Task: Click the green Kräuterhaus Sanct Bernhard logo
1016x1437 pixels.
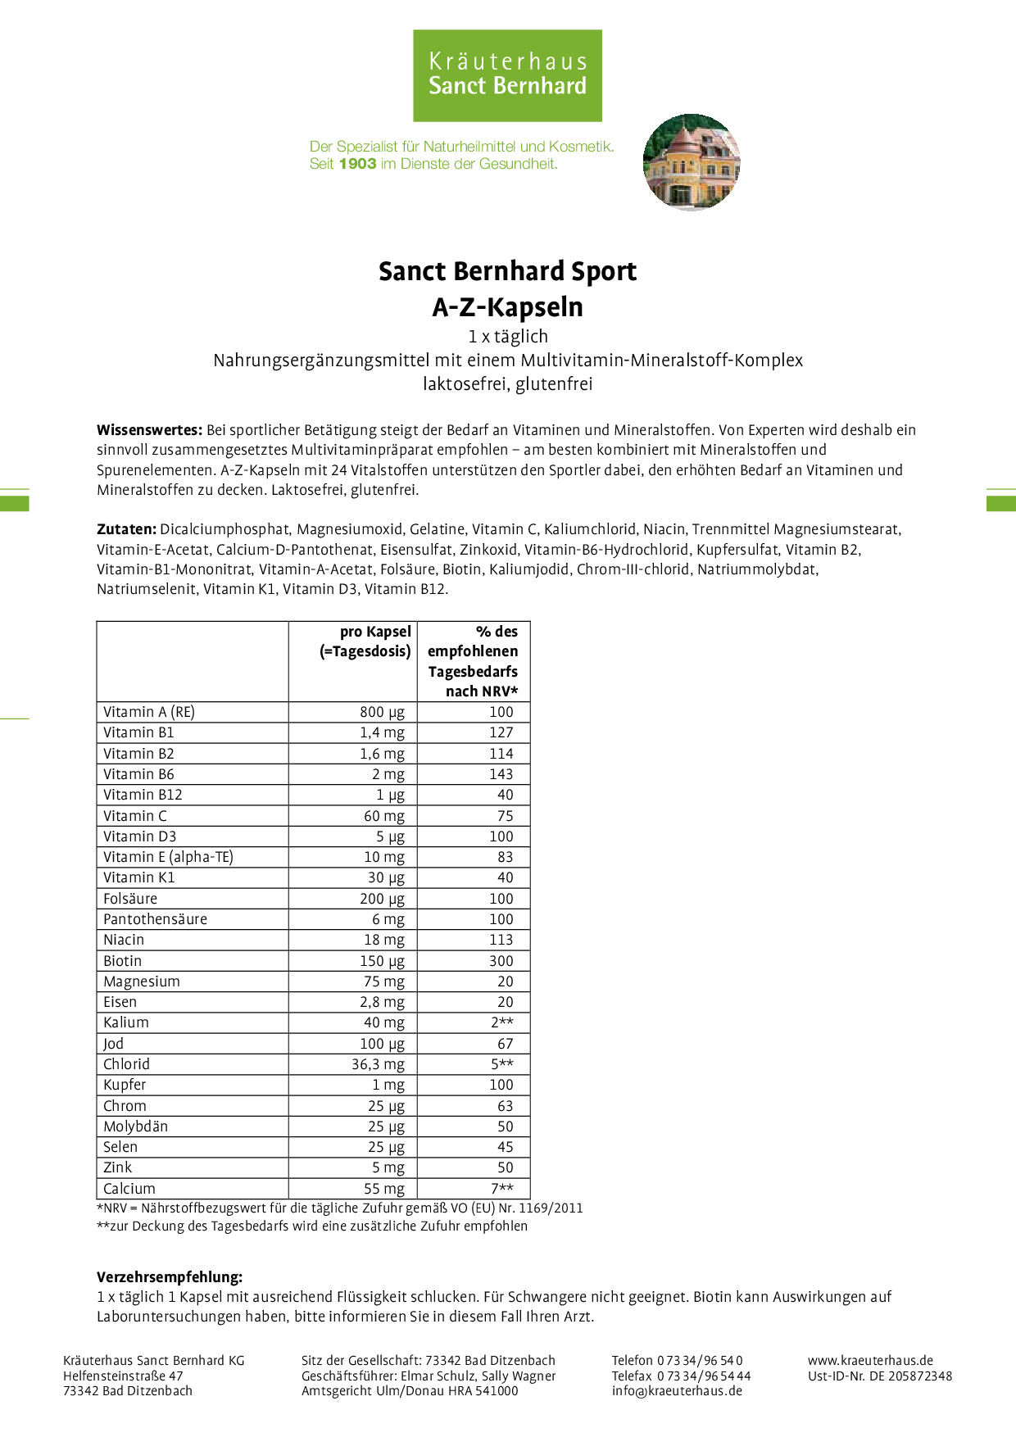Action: pyautogui.click(x=507, y=75)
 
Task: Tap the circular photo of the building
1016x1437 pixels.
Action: pyautogui.click(x=692, y=162)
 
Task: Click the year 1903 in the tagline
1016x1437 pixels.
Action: pyautogui.click(x=357, y=164)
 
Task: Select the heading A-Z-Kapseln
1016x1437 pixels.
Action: pyautogui.click(x=507, y=307)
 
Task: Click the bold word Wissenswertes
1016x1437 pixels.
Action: pyautogui.click(x=149, y=430)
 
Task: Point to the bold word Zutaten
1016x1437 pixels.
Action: pyautogui.click(x=126, y=529)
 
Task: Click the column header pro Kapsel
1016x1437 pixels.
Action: pyautogui.click(x=375, y=632)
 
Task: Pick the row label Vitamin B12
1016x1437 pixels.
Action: pyautogui.click(x=143, y=795)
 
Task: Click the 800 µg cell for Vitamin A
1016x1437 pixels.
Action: pyautogui.click(x=382, y=712)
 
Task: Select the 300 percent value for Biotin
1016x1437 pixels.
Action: pyautogui.click(x=501, y=961)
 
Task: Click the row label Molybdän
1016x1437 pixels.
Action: pyautogui.click(x=135, y=1126)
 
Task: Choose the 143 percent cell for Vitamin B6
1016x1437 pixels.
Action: pyautogui.click(x=501, y=774)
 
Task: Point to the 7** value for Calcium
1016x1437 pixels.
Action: pyautogui.click(x=502, y=1189)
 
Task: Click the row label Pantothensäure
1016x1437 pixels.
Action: pyautogui.click(x=155, y=919)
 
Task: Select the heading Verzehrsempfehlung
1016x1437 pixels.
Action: pyautogui.click(x=170, y=1277)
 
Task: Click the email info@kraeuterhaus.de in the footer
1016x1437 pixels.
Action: pyautogui.click(x=677, y=1390)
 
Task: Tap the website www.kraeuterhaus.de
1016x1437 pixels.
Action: pyautogui.click(x=870, y=1361)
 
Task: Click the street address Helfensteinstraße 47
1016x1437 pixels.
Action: pyautogui.click(x=123, y=1376)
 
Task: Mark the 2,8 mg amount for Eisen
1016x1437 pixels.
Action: pyautogui.click(x=382, y=1002)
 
